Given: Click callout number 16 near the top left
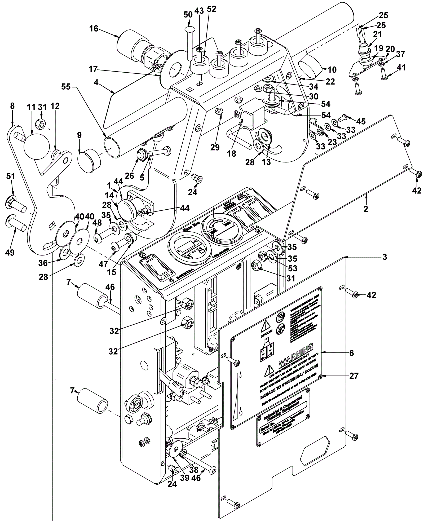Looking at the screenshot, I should coord(94,29).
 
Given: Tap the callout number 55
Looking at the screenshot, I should coord(66,86).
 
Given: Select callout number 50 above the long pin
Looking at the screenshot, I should coord(188,15).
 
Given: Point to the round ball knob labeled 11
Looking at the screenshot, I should coord(37,147).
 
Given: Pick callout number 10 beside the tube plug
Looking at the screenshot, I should coord(332,70).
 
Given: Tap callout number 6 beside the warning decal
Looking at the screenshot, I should coord(352,353).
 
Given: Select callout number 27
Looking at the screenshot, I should coord(354,376).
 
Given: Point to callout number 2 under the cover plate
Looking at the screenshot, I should coord(366,209).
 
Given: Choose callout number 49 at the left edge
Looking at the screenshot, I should coord(10,253).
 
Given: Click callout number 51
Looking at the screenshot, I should coord(11,176).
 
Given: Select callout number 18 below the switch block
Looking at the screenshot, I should coord(232,153).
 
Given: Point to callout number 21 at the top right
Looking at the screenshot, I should coord(378,34).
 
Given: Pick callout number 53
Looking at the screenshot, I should coord(293,268).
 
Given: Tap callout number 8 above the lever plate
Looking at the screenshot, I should coord(12,106).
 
